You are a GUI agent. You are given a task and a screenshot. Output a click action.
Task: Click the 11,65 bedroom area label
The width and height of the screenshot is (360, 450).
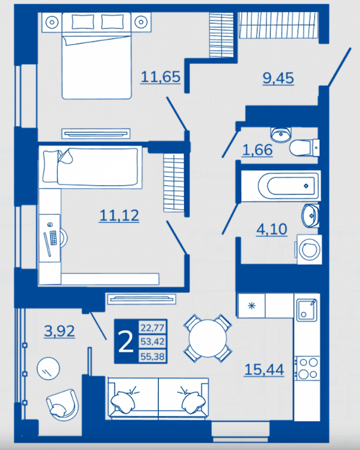coord(160,77)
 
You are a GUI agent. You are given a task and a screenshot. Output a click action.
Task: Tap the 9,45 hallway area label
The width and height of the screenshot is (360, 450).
coord(278,78)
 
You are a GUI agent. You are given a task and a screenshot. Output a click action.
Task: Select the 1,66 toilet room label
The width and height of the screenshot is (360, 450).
coord(257,150)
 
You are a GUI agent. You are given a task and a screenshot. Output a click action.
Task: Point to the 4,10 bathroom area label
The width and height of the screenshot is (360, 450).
coord(271,229)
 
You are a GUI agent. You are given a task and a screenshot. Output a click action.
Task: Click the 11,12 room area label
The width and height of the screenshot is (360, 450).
coord(119,215)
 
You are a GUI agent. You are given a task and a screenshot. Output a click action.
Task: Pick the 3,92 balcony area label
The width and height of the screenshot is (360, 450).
coord(60,331)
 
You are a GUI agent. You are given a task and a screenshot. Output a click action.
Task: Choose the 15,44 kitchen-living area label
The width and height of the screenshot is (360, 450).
coord(264,370)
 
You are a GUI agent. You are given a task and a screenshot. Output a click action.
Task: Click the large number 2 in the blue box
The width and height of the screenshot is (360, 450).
coord(126,342)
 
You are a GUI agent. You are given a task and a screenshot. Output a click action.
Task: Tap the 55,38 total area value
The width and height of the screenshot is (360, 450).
coord(152,357)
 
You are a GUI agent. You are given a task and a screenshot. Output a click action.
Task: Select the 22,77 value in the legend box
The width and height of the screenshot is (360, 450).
coord(152,327)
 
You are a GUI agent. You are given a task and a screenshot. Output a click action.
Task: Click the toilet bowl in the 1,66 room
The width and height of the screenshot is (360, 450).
coord(304,148)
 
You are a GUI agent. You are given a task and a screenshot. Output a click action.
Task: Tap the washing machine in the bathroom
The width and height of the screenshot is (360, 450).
coord(309,249)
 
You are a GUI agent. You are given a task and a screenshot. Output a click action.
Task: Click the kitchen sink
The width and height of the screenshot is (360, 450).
coord(306,310)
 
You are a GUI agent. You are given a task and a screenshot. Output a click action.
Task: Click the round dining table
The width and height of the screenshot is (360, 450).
coord(208,337)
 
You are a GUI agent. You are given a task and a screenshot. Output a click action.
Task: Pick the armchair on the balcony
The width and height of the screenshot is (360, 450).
coord(62,405)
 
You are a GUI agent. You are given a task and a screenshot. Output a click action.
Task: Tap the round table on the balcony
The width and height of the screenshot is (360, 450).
coord(48,368)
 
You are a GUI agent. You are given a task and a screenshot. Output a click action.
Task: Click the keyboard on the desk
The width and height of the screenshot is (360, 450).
coord(54,237)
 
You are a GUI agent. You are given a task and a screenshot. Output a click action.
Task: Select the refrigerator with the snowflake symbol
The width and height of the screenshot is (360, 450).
coord(252,305)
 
